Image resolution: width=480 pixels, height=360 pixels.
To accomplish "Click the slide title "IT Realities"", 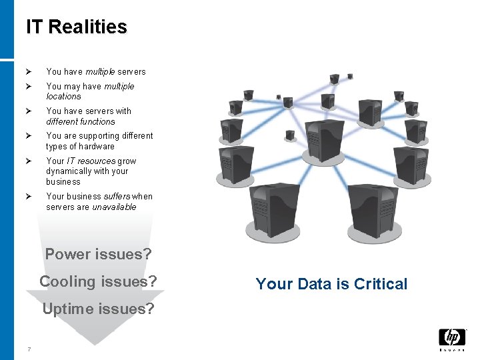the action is [x=77, y=27].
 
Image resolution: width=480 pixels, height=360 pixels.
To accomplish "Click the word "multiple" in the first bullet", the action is [x=99, y=72].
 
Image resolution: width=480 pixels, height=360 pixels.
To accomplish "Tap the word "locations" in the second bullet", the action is [x=63, y=97].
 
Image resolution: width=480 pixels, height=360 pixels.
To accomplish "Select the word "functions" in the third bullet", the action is [x=97, y=122].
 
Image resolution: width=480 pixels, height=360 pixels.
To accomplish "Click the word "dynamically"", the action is [x=69, y=171].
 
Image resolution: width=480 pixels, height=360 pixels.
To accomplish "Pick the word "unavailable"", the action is [x=114, y=207].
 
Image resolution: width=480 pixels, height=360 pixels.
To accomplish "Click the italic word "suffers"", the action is [x=117, y=197].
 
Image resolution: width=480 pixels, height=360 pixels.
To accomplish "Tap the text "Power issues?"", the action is [x=98, y=254].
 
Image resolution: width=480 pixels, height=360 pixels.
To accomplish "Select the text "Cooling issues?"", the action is [x=98, y=281].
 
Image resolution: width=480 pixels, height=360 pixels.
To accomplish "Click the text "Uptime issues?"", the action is [x=98, y=309].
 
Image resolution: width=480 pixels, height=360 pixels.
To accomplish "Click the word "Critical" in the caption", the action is [x=381, y=284].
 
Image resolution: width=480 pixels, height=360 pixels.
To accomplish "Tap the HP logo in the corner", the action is [x=452, y=338].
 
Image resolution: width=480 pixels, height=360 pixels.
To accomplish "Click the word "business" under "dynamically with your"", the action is [x=63, y=182].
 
